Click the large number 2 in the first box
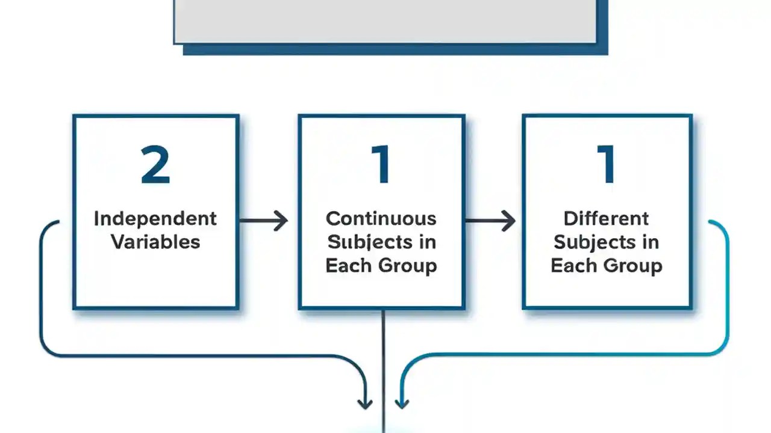155,165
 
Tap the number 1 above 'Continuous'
382,165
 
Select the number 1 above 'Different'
607,165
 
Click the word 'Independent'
155,218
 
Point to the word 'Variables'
155,242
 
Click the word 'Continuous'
381,218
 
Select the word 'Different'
607,218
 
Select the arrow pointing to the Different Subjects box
490,221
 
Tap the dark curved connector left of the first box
41,289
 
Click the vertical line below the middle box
383,361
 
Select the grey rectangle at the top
385,21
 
